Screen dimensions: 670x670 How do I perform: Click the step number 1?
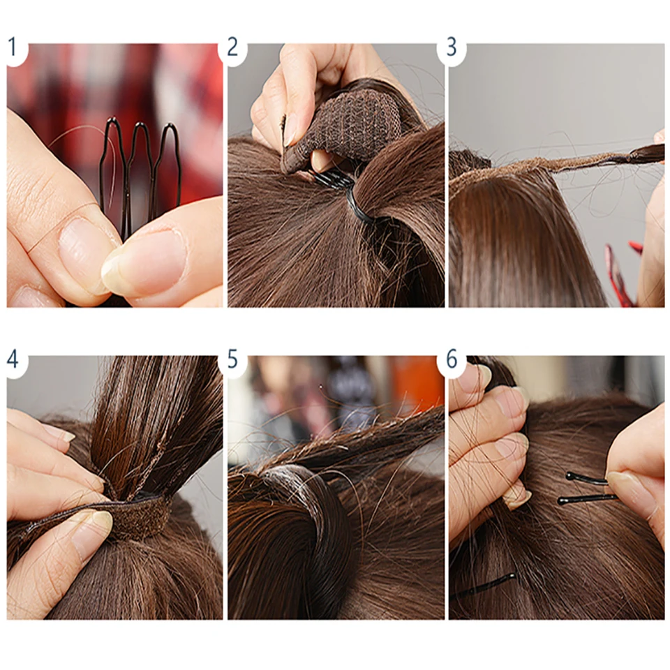click(12, 47)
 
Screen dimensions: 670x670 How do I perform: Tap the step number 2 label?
click(232, 47)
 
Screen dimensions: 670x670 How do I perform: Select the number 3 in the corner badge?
click(452, 47)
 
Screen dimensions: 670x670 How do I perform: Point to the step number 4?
click(13, 359)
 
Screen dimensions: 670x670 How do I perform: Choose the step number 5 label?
click(232, 359)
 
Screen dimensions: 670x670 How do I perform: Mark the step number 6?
click(452, 359)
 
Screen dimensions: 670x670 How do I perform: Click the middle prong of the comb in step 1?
click(141, 167)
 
